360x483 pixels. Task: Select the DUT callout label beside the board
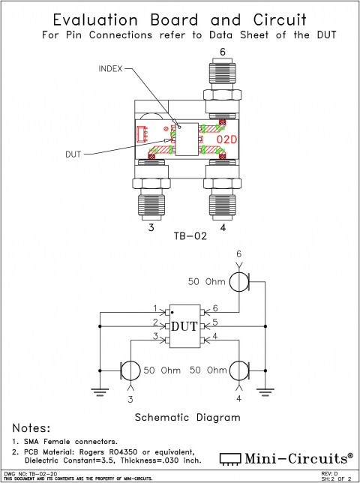click(73, 154)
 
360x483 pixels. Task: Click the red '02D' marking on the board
click(227, 139)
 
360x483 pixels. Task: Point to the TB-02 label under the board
click(189, 235)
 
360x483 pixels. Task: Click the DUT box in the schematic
click(184, 326)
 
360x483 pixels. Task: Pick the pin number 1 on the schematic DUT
click(155, 309)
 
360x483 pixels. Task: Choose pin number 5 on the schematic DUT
click(214, 322)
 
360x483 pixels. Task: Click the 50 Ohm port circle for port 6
click(239, 282)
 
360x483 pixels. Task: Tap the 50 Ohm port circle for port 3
click(131, 370)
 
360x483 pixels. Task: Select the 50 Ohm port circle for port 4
click(239, 370)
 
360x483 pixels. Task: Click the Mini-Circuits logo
click(286, 457)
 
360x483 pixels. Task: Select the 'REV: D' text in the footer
click(329, 474)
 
